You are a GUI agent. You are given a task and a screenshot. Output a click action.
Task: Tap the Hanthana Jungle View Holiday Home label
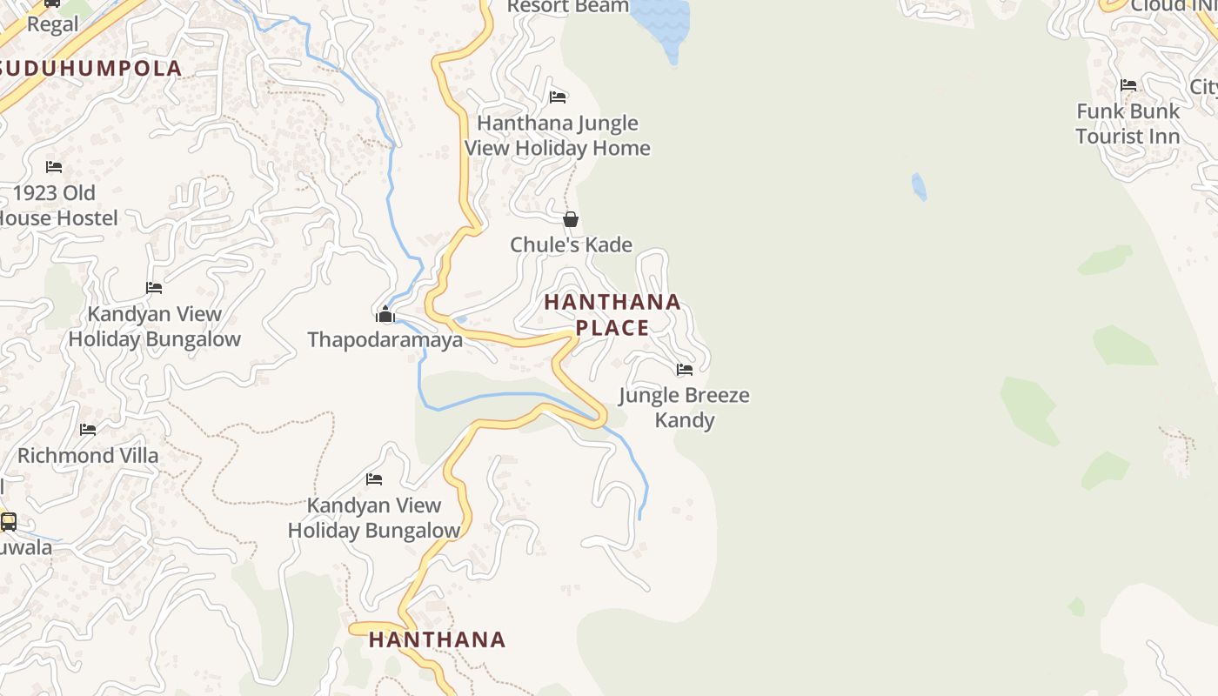coord(558,136)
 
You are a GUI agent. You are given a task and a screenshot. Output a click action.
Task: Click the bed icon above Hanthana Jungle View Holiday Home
coord(558,97)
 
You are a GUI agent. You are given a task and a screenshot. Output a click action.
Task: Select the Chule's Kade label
coord(571,244)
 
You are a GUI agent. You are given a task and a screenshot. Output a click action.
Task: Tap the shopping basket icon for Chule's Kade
coord(571,219)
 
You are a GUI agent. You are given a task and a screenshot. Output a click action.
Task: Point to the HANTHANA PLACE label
coord(612,315)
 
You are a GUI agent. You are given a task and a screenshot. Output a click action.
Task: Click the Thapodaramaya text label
coord(385,339)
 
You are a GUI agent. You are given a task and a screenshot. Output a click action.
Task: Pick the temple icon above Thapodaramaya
coord(385,314)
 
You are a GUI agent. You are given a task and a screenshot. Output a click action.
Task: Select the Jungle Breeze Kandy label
coord(685,407)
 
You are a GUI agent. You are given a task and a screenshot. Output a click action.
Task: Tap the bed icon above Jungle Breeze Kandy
coord(685,369)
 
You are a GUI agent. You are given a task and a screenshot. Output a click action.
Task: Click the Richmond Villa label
coord(88,455)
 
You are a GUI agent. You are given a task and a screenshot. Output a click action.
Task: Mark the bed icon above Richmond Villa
coord(88,429)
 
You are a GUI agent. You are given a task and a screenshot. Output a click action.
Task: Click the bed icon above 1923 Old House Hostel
coord(54,166)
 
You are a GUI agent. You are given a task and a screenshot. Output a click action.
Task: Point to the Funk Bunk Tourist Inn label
coord(1128,124)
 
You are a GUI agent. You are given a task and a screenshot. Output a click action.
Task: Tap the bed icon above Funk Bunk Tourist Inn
coord(1128,85)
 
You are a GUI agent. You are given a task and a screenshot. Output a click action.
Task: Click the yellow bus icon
coord(9,521)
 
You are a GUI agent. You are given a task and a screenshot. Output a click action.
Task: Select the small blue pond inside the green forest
coord(919,186)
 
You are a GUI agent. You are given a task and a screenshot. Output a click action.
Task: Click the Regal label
coord(52,24)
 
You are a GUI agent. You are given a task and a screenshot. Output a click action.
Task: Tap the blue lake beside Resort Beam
coord(661,22)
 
